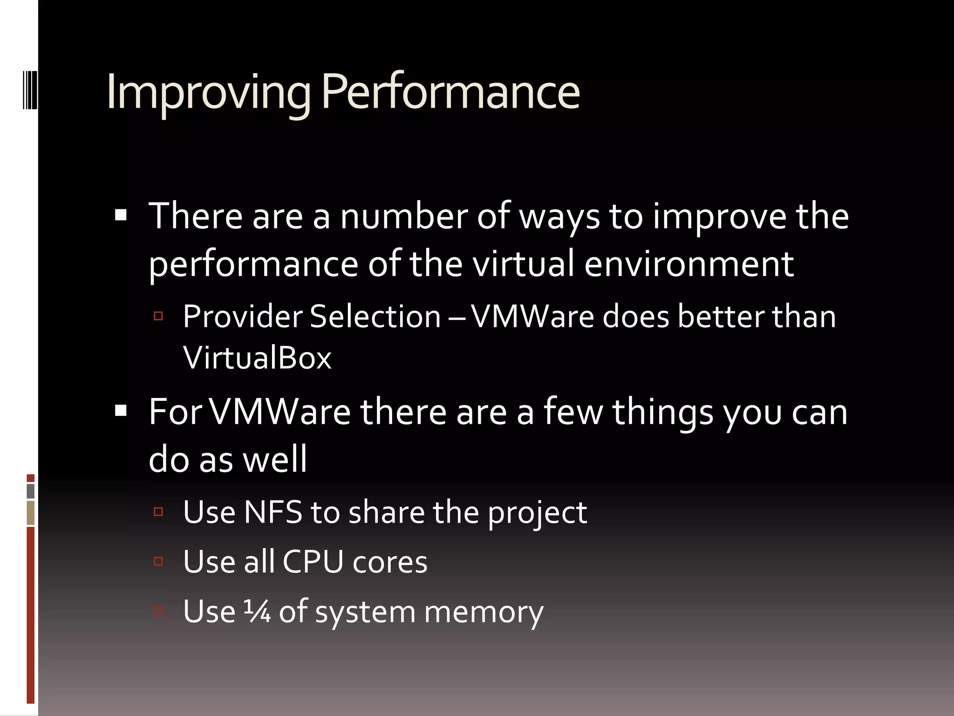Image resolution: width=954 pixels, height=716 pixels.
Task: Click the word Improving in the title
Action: coord(208,92)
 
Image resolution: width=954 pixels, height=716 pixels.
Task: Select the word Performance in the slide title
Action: coord(450,92)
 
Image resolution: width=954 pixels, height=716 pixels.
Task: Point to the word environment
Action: coord(689,264)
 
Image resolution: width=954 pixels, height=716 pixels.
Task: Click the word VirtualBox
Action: coord(257,358)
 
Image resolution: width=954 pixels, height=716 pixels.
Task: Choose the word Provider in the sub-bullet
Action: coord(242,317)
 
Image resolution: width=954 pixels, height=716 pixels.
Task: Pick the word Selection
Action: coord(375,317)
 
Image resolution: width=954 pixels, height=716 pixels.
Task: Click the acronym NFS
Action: coord(273,512)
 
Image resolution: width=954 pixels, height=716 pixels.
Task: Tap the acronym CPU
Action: coord(313,561)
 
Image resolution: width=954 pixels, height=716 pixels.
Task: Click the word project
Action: coord(537,513)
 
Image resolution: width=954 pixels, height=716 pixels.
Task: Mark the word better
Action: coord(720,317)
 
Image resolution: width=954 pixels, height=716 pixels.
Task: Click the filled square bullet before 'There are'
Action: coord(121,215)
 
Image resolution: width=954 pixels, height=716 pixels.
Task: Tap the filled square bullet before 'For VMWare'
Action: coord(121,411)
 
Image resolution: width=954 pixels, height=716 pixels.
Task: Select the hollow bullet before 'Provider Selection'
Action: coord(158,316)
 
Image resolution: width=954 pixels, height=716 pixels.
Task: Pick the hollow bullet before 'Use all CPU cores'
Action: coord(158,561)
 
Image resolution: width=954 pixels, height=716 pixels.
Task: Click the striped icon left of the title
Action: coord(30,89)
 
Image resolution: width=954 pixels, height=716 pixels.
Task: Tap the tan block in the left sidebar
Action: coord(31,513)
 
